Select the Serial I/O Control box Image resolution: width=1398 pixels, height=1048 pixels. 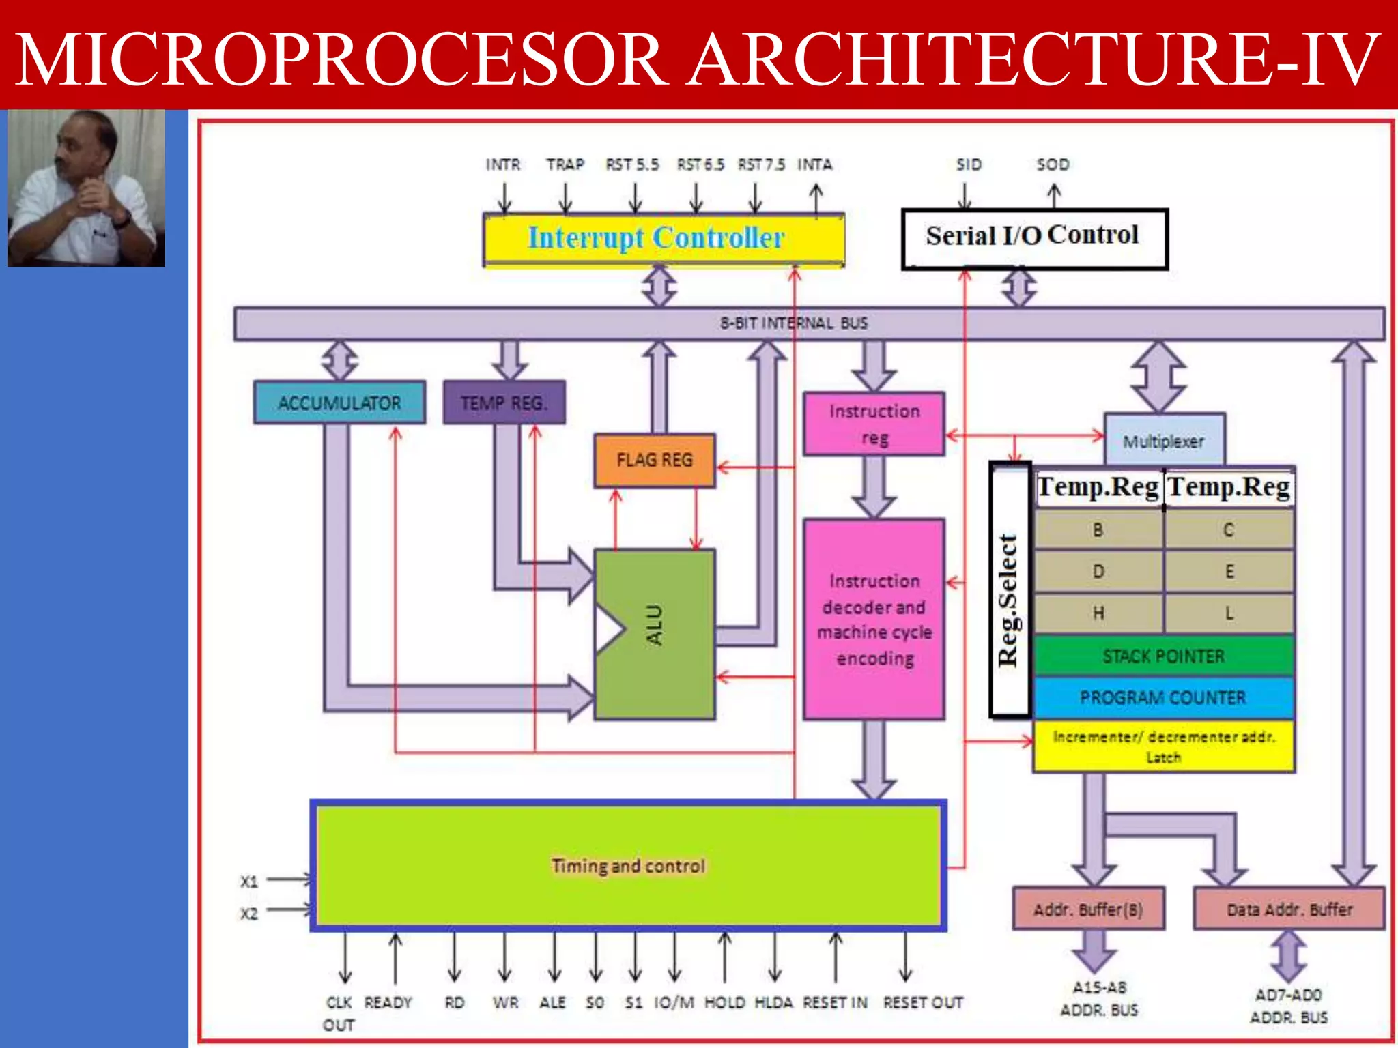point(1033,237)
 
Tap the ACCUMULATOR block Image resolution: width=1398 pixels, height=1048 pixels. point(339,403)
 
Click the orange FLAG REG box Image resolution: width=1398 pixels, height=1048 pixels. point(654,460)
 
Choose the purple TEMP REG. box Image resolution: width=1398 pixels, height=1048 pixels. point(504,403)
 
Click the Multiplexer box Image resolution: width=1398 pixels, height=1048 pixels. point(1164,441)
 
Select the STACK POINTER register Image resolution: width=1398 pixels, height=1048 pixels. point(1163,656)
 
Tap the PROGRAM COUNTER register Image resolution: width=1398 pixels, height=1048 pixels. point(1163,697)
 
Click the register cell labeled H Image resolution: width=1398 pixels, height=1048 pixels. point(1098,613)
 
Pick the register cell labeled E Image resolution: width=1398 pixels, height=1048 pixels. point(1229,571)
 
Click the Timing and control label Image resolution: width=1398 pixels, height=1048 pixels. point(628,866)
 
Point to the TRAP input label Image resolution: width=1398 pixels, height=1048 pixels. point(565,164)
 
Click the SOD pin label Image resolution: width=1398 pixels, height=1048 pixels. point(1053,164)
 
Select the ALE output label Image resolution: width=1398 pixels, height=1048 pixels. point(552,1002)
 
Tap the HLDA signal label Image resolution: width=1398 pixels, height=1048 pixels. point(773,1002)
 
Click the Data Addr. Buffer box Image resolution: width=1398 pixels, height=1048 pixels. point(1289,909)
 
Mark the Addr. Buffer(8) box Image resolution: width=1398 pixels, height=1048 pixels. point(1088,909)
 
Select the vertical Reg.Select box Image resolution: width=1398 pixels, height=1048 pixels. point(1010,590)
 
